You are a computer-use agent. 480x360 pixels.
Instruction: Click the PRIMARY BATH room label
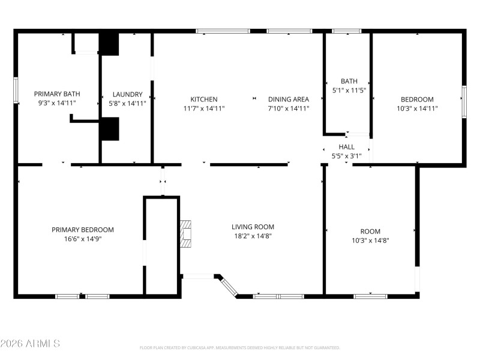(57, 94)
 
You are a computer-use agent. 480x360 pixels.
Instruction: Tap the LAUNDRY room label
(127, 94)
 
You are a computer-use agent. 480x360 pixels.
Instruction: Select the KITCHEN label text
(204, 99)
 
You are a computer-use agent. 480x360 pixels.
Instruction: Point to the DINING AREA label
(288, 99)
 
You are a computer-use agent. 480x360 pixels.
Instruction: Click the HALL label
(346, 146)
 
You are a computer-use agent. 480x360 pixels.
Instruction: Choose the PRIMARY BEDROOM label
(82, 229)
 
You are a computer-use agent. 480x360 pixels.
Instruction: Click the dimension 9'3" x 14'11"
(57, 103)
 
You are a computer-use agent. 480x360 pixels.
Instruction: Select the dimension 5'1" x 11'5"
(349, 91)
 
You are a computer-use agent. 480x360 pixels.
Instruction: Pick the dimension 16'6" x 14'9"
(82, 239)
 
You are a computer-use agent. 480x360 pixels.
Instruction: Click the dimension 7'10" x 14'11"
(288, 109)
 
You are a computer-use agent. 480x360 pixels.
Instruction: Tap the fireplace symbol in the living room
(186, 234)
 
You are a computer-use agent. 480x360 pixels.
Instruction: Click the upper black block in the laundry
(109, 43)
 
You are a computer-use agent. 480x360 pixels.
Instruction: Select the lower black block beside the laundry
(109, 129)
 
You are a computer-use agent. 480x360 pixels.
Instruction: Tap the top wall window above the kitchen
(223, 31)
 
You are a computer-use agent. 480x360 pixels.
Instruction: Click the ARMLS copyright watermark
(30, 344)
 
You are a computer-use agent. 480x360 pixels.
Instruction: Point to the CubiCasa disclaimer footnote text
(240, 347)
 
